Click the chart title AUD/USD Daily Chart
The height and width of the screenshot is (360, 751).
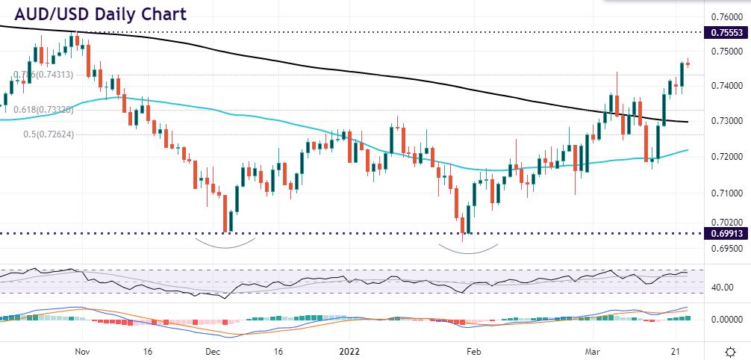97,14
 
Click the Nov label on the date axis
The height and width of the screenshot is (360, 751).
83,350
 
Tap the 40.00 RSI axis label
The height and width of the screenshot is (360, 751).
721,288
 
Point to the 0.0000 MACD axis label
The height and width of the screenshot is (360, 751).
723,320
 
